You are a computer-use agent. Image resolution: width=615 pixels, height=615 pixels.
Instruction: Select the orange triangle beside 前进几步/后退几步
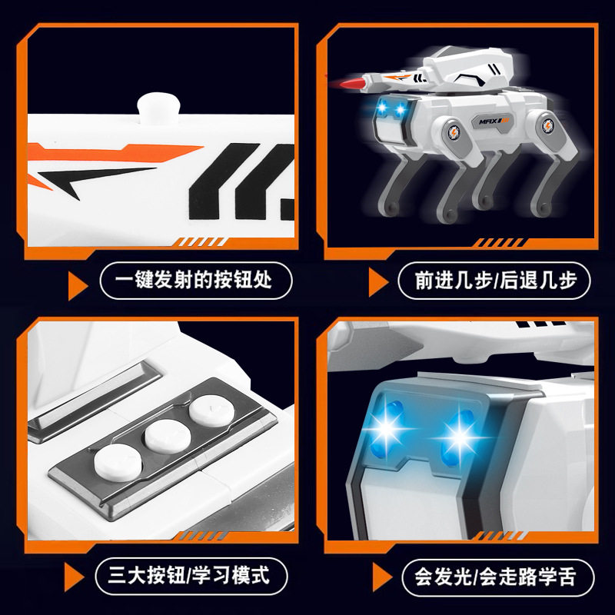point(377,283)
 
